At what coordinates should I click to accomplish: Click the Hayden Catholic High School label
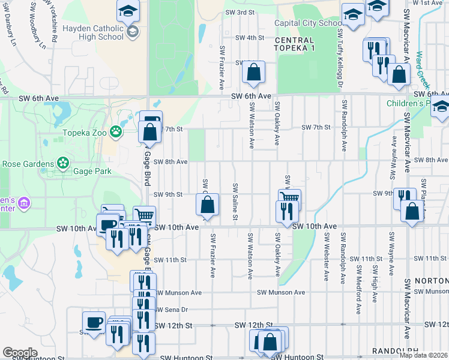(x=93, y=32)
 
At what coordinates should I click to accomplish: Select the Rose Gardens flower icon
(x=62, y=163)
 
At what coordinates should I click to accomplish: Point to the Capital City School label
(x=308, y=23)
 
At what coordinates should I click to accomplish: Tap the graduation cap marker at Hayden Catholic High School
(x=127, y=12)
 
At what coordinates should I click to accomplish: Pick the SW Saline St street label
(x=236, y=202)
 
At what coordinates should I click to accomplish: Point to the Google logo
(x=20, y=353)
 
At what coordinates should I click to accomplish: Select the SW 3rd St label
(x=240, y=12)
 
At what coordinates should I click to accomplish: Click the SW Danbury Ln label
(x=10, y=26)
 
